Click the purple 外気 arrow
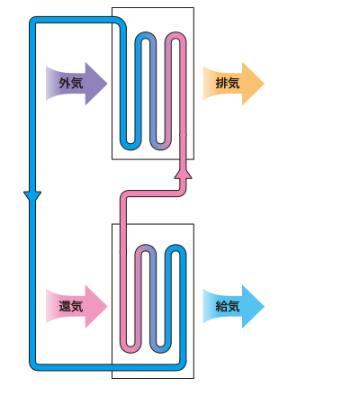[76, 84]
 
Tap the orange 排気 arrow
[233, 84]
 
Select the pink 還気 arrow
[76, 306]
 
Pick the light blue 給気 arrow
[233, 306]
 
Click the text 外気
[71, 83]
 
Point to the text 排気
[228, 83]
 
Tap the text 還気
[71, 306]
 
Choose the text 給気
[228, 306]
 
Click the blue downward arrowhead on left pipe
[32, 196]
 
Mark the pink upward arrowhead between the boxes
[183, 173]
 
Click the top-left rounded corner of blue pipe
[33, 21]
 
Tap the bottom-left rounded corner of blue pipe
[33, 366]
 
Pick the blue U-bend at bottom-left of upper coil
[130, 147]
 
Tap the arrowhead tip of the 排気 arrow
[265, 84]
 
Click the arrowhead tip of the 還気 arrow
[107, 307]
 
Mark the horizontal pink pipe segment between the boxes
[153, 193]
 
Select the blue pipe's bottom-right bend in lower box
[181, 364]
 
